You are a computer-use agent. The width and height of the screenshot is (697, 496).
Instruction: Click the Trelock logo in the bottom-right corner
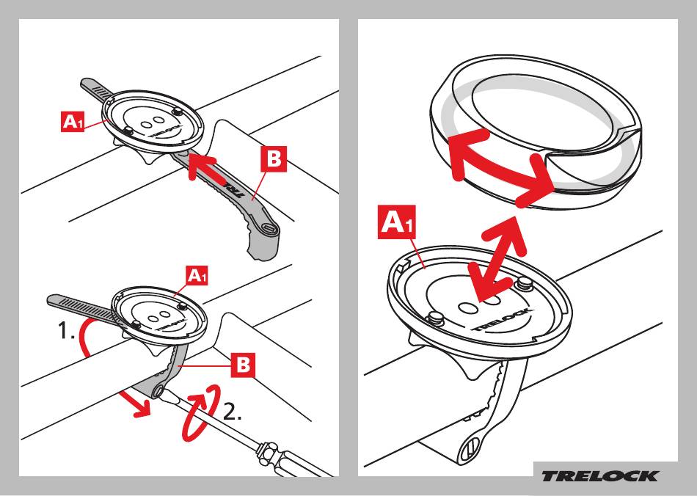tap(599, 475)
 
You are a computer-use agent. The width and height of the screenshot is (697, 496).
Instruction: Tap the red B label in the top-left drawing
tap(274, 161)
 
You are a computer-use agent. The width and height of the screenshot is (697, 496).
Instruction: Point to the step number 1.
tap(67, 332)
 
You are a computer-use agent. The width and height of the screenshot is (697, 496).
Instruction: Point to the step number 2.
tap(232, 412)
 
